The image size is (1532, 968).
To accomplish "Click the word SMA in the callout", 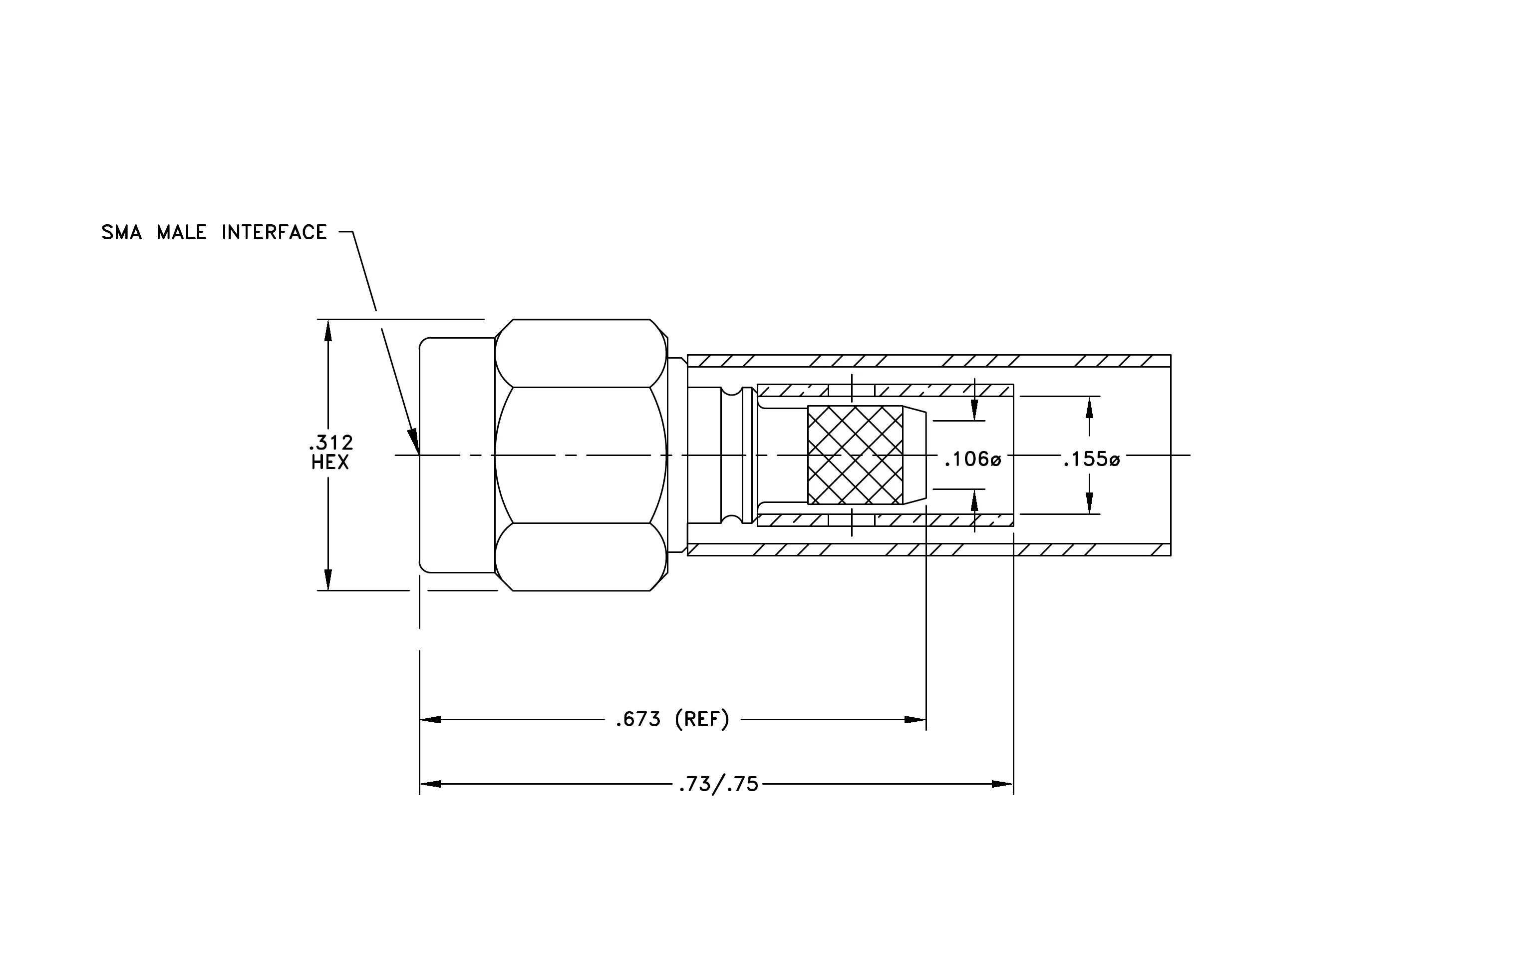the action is click(x=121, y=232).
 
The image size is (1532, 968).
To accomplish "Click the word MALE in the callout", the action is click(x=182, y=232).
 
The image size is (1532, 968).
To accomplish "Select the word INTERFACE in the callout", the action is click(x=274, y=232).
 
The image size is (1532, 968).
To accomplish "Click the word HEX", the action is click(x=330, y=463).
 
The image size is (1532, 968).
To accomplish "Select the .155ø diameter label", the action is click(x=1091, y=459).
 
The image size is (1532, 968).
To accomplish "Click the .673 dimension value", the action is click(x=638, y=720).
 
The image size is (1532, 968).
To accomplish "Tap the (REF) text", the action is click(x=702, y=720).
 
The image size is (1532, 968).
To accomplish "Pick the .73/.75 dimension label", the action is click(x=719, y=785).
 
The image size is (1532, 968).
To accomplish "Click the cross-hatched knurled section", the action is click(x=855, y=455).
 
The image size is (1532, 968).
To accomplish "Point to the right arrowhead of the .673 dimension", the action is click(x=916, y=720).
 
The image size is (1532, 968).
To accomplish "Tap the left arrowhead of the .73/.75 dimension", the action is click(x=430, y=784).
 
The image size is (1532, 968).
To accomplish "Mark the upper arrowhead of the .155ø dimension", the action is click(x=1090, y=407).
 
